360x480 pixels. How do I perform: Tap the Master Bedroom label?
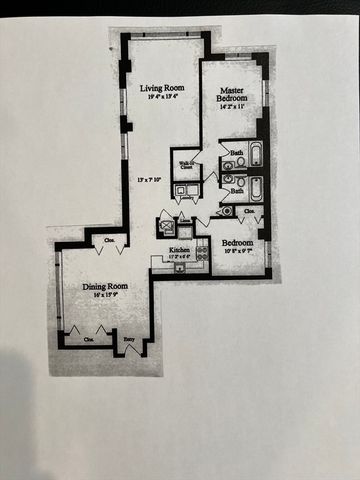click(x=233, y=94)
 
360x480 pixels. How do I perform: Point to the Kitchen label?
click(x=179, y=249)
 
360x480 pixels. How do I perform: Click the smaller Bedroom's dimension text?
click(x=237, y=252)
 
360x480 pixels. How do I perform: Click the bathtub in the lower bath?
click(x=255, y=186)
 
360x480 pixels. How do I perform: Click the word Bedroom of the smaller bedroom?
click(x=237, y=242)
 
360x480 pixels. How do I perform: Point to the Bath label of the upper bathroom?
click(x=236, y=152)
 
